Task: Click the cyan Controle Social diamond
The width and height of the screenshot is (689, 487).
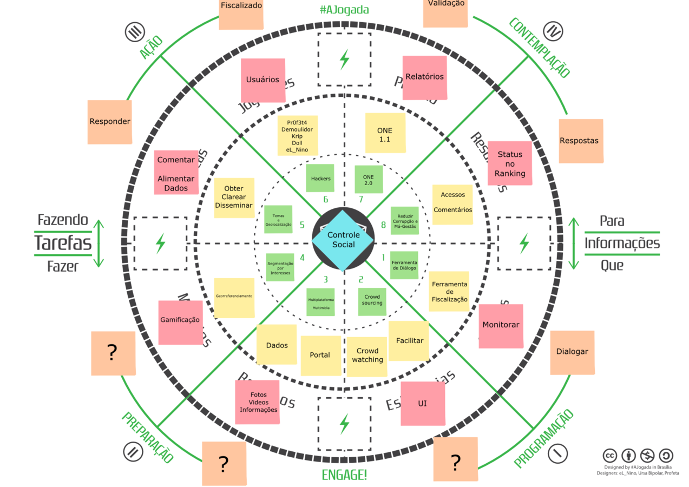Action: (343, 240)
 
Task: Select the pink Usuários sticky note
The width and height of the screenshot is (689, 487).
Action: (263, 80)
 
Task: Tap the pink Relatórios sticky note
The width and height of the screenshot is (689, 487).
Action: (424, 77)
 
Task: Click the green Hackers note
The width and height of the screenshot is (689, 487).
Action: (320, 179)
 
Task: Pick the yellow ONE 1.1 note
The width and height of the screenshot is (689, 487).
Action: (385, 133)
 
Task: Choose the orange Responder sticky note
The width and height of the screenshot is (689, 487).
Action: (110, 122)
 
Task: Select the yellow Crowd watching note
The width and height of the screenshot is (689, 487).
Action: (367, 357)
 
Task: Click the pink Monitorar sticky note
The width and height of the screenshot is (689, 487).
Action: (501, 326)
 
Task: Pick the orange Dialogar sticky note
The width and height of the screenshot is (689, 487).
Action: (572, 352)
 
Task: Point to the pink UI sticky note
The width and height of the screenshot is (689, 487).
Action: (423, 404)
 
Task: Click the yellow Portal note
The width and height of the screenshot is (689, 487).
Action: (320, 356)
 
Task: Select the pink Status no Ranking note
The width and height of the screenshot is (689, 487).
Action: (509, 163)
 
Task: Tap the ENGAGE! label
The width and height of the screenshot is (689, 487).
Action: (344, 476)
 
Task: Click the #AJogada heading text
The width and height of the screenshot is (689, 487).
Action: (344, 9)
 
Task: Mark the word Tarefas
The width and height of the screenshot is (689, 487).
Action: (63, 243)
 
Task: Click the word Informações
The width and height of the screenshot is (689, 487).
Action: (622, 243)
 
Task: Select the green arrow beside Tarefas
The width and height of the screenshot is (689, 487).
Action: (98, 243)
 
